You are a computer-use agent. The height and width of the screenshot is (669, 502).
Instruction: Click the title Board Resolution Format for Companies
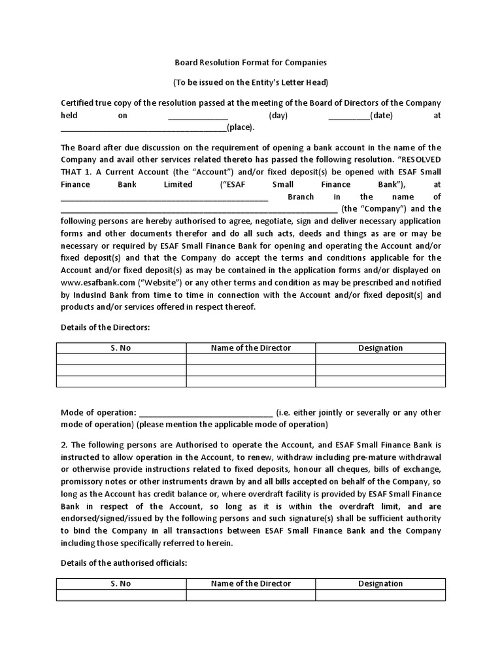(x=250, y=63)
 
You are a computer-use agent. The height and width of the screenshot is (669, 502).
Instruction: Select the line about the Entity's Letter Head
(x=250, y=83)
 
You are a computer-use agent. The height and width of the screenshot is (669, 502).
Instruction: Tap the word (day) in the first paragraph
(x=278, y=116)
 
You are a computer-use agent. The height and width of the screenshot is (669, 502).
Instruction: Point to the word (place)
(x=240, y=128)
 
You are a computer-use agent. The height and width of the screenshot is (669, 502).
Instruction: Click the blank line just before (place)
(x=143, y=128)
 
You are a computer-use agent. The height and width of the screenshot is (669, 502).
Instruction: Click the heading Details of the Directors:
(x=105, y=327)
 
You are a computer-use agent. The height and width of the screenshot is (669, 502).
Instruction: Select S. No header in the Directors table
(x=120, y=348)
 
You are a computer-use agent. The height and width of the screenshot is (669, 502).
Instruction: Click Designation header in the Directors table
(x=380, y=348)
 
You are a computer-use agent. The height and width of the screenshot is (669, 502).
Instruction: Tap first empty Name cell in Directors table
(x=250, y=359)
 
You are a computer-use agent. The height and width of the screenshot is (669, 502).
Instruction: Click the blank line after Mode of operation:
(x=206, y=413)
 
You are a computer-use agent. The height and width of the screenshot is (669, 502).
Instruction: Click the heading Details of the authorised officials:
(x=124, y=563)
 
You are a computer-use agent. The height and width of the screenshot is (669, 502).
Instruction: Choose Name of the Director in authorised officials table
(x=250, y=583)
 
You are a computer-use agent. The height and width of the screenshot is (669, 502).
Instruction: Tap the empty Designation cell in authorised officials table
(x=380, y=595)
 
